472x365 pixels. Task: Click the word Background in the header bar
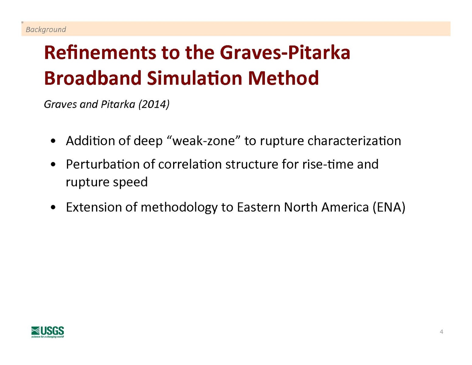pos(46,29)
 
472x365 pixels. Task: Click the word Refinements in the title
pos(100,53)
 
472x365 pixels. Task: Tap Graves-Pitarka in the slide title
pos(285,53)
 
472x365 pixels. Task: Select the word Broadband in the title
pos(93,78)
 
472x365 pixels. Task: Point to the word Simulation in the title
pos(195,78)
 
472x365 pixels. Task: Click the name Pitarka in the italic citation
pos(118,104)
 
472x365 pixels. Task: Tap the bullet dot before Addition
pos(53,141)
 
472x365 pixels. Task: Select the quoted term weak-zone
pos(204,141)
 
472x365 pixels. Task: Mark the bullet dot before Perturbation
pos(53,165)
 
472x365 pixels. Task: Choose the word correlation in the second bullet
pos(190,164)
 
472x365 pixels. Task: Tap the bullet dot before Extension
pos(53,207)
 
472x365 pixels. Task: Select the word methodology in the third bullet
pos(179,207)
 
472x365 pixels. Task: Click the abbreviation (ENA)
pos(389,207)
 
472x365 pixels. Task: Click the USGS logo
pos(47,332)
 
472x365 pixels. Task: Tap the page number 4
pos(441,332)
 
